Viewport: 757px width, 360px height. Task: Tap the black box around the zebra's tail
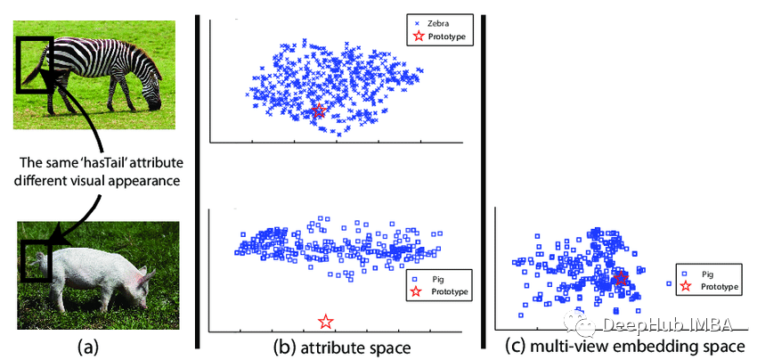point(34,64)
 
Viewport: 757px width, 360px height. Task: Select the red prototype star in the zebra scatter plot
point(319,110)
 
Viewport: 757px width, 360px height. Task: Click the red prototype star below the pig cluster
point(326,321)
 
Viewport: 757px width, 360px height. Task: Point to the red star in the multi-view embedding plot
point(621,278)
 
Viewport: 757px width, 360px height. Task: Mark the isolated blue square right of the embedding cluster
point(668,283)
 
